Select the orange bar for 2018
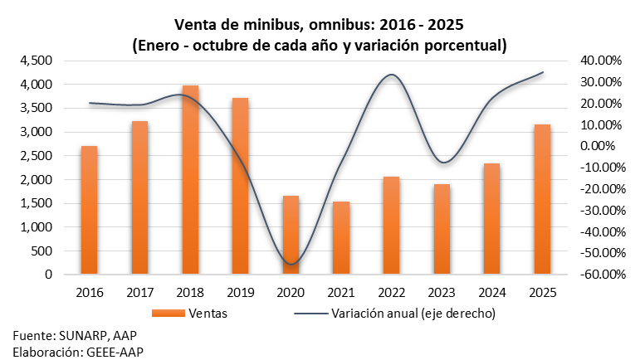pos(190,179)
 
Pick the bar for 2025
pos(542,199)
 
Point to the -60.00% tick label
pos(595,275)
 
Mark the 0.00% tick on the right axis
pos(599,146)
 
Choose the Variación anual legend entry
pos(413,314)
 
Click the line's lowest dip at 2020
pos(291,265)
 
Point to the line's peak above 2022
pos(391,75)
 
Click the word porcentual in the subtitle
pos(461,45)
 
